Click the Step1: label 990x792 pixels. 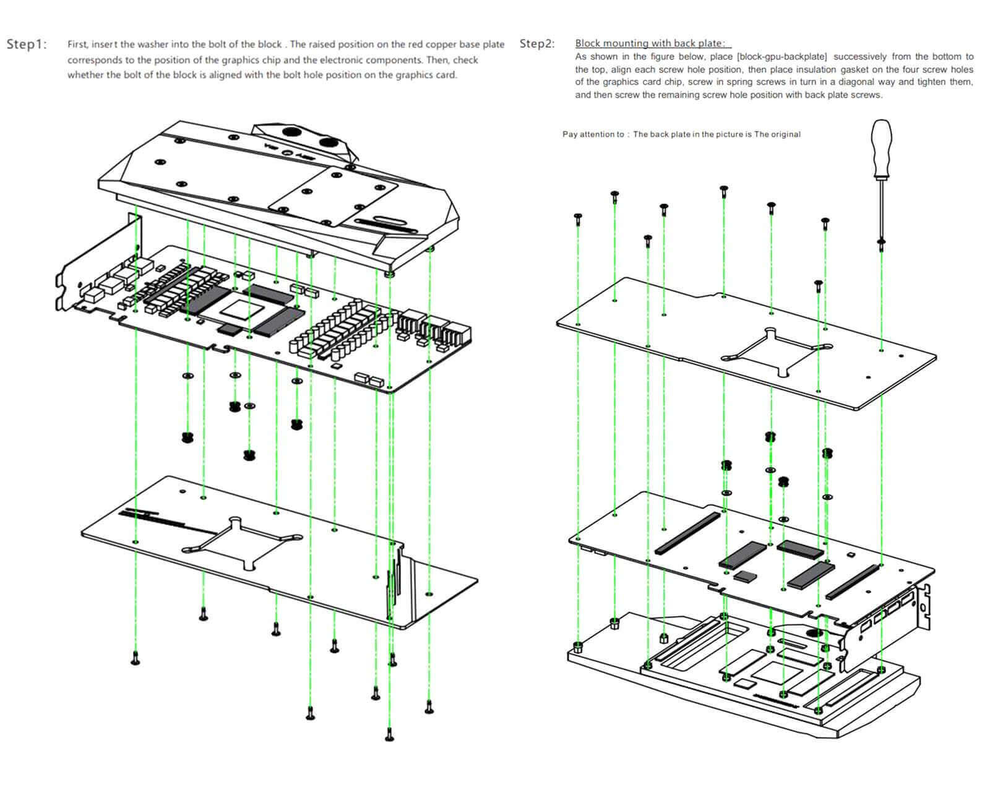coord(27,44)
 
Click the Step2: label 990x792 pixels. coord(537,44)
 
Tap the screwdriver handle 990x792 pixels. coord(881,148)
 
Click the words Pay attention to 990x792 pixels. coord(593,134)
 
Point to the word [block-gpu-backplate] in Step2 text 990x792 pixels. coord(781,56)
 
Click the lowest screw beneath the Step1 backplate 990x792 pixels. coord(389,734)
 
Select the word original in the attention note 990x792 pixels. coord(785,134)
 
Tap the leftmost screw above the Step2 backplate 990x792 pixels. coord(579,220)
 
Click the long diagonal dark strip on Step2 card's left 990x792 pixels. coord(687,533)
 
